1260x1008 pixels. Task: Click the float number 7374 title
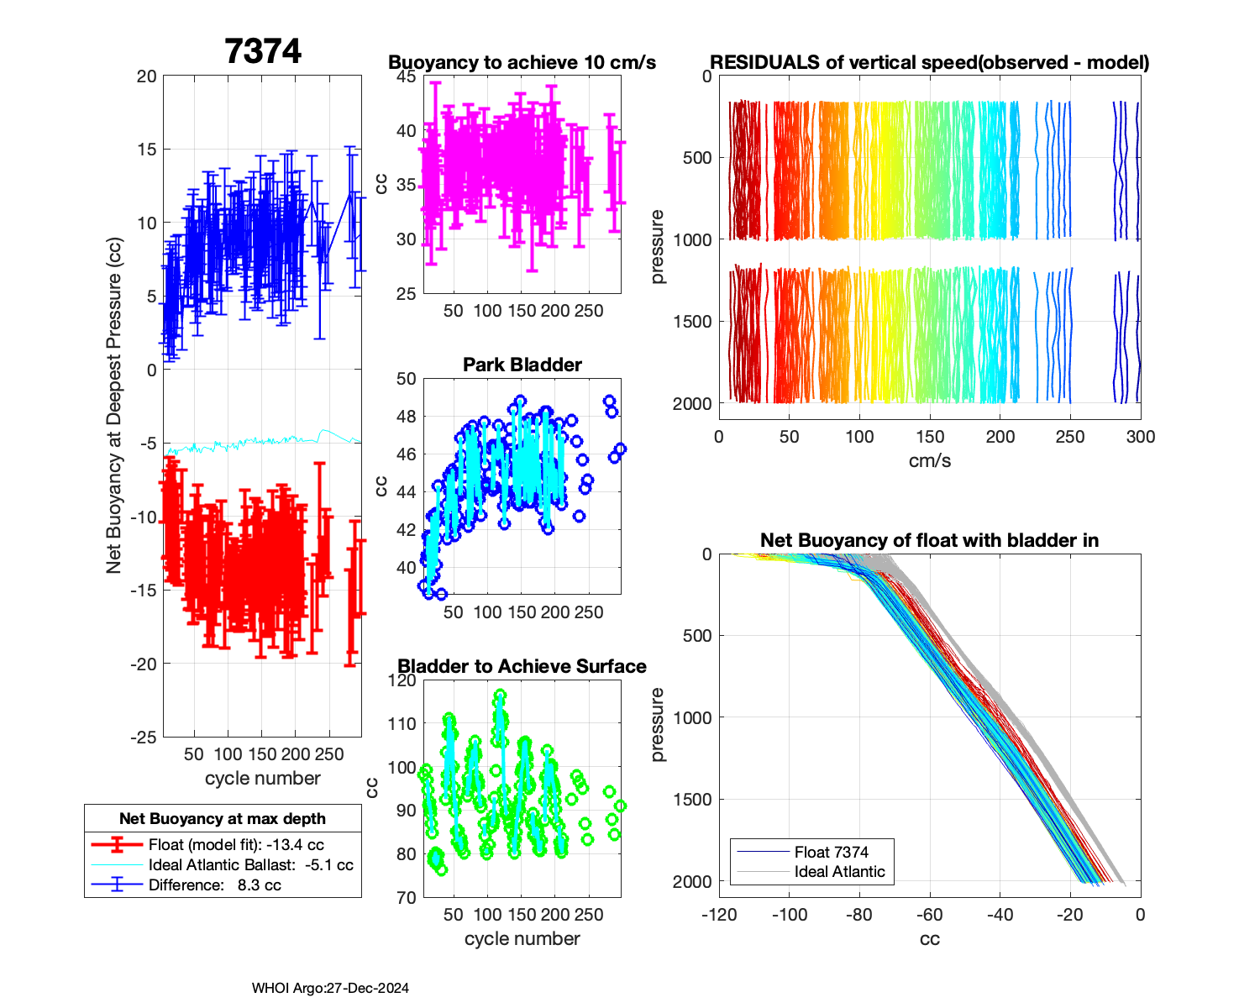pos(263,52)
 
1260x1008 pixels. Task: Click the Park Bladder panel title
pos(522,365)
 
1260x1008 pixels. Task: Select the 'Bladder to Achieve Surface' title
pos(522,666)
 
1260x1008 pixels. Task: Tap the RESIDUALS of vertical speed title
pos(929,62)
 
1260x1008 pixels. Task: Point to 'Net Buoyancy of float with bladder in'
pos(929,540)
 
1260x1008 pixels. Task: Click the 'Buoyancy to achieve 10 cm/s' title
pos(522,62)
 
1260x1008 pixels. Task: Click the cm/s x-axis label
pos(929,460)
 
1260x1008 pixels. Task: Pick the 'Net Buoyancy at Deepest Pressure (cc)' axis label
pos(114,407)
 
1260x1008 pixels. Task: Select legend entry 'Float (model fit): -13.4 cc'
pos(236,845)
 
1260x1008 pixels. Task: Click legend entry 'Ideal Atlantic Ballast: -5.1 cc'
pos(250,865)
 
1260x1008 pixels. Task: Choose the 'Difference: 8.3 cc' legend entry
pos(214,885)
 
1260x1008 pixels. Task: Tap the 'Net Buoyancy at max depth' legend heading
pos(223,819)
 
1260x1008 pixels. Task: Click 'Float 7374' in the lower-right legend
pos(831,852)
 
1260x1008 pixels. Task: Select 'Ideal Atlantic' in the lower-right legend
pos(839,872)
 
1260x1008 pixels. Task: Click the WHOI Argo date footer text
pos(330,989)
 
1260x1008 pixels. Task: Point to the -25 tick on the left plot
pos(143,738)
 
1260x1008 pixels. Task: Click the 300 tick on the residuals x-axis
pos(1140,437)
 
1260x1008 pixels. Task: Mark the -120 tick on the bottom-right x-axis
pos(719,915)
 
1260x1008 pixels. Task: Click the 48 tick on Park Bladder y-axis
pos(406,417)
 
